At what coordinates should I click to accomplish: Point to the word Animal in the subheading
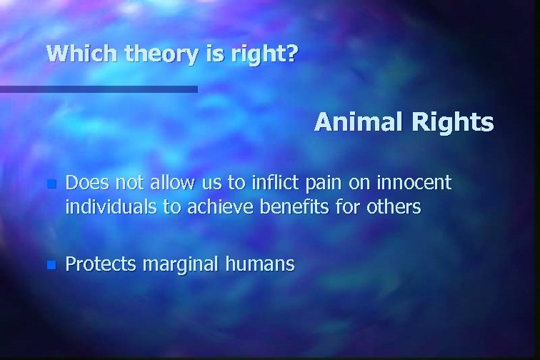pyautogui.click(x=359, y=123)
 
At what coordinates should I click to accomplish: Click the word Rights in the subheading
pyautogui.click(x=453, y=123)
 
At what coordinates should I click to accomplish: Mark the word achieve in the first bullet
pyautogui.click(x=213, y=208)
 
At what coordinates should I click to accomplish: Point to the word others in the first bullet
pyautogui.click(x=394, y=208)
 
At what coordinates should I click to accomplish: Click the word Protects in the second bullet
pyautogui.click(x=101, y=265)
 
